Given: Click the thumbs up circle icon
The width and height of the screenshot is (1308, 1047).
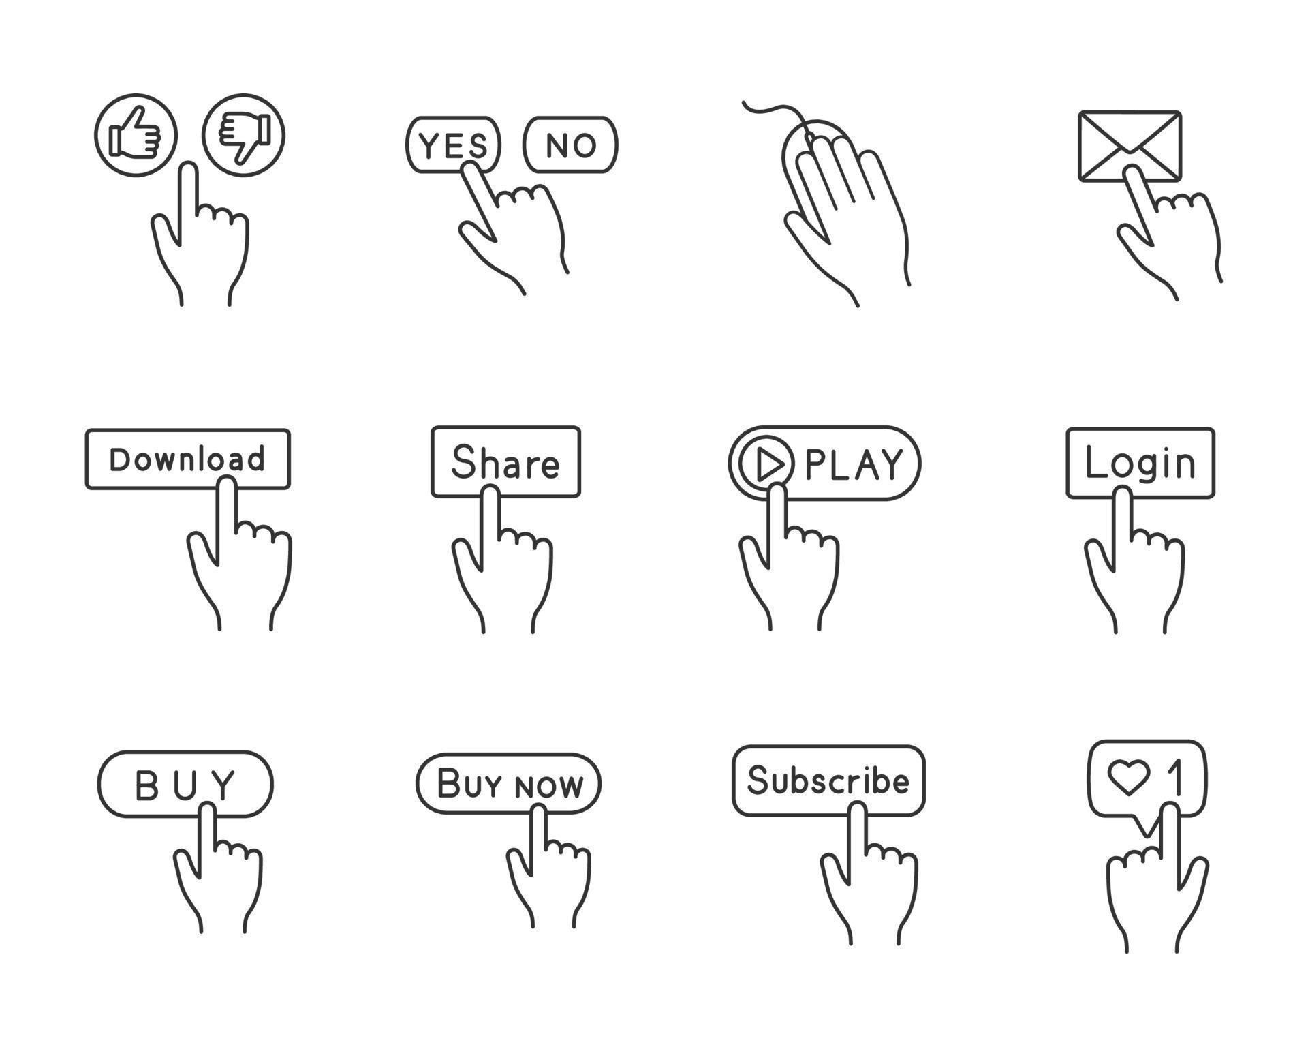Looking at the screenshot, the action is tap(136, 136).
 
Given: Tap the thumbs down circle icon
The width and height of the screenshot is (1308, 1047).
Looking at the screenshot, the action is tap(243, 135).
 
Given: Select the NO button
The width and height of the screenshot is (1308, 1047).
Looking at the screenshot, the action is tap(571, 145).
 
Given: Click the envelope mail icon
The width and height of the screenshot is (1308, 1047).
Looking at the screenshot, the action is tap(1130, 147).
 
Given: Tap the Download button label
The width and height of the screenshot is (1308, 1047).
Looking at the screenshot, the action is tap(187, 459).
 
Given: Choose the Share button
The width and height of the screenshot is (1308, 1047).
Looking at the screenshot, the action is tap(505, 462).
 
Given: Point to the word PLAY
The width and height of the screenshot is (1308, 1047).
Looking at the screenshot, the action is tap(854, 465).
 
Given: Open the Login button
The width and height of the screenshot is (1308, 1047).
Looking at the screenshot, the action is tap(1140, 463).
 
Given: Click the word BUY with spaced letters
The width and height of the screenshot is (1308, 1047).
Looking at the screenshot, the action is tap(185, 785).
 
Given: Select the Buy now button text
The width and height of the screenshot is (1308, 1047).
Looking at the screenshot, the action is tap(510, 783).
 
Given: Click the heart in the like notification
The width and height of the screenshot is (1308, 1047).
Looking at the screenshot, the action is tap(1129, 778).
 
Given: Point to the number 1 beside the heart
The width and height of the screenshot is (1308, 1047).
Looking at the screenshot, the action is tap(1174, 778).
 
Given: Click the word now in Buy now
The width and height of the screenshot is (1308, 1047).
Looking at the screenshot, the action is tap(549, 786).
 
